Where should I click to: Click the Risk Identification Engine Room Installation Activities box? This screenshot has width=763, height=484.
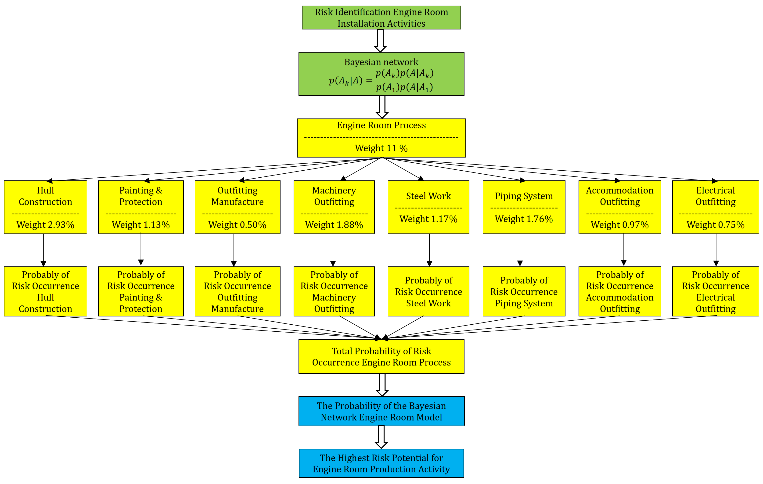point(381,18)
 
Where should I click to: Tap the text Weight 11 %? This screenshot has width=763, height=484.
point(381,148)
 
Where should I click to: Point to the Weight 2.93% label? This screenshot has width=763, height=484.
point(45,225)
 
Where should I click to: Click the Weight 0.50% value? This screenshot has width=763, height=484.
point(237,225)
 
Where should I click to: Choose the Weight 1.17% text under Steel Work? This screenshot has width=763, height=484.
point(428,219)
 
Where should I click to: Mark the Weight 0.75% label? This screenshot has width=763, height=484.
point(716,225)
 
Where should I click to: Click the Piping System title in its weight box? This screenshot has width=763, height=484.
point(524,196)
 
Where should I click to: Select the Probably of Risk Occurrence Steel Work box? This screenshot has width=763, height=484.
point(428,291)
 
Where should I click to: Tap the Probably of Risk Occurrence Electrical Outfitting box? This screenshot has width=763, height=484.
point(716,291)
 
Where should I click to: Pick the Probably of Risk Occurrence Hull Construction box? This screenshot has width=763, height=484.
point(45,291)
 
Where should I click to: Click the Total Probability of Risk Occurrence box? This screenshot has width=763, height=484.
point(381,356)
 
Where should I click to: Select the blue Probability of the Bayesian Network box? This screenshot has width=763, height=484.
point(381,411)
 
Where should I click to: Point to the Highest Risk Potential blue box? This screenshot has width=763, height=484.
point(381,463)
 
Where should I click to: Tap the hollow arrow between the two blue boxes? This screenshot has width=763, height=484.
point(381,437)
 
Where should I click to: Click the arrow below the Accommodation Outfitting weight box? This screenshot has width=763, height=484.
point(624,250)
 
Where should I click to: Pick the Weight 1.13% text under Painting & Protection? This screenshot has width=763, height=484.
point(141,225)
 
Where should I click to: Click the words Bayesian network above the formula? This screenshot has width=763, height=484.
point(381,62)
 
